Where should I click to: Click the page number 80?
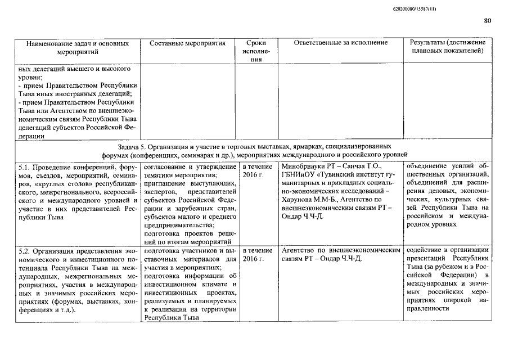pyautogui.click(x=487, y=21)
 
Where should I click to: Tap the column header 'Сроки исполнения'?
pyautogui.click(x=256, y=51)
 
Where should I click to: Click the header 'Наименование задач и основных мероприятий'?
pyautogui.click(x=77, y=47)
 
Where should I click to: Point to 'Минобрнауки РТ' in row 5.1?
pyautogui.click(x=306, y=167)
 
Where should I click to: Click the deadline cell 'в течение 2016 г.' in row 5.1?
pyautogui.click(x=256, y=171)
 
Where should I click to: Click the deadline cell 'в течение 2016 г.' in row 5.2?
pyautogui.click(x=256, y=254)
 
